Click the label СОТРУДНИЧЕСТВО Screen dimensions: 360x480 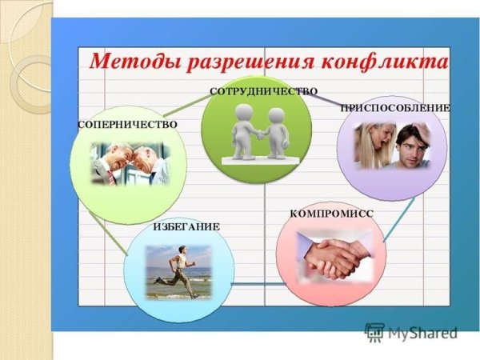[263, 92]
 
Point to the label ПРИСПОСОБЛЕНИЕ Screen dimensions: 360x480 [395, 108]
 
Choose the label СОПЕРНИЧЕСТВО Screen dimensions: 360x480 [127, 125]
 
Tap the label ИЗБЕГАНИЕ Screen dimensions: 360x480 [186, 227]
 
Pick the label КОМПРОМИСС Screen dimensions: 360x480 [331, 214]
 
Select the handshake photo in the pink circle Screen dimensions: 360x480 [333, 256]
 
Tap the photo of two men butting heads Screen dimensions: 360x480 [130, 162]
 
